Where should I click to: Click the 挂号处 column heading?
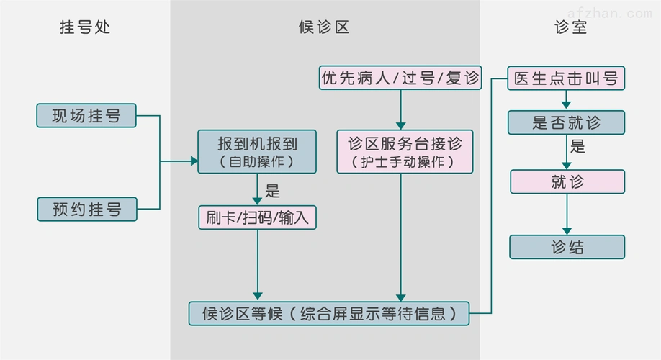[x=85, y=27]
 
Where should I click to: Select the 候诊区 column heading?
[x=324, y=27]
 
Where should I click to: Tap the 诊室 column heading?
[x=570, y=27]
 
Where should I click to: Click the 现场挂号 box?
[x=86, y=115]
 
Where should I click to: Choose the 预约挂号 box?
[x=86, y=210]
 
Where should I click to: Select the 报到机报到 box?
[x=257, y=151]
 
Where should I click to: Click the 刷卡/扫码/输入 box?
[x=257, y=217]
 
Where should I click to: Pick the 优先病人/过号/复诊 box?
[x=400, y=78]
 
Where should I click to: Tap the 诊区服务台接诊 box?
[x=405, y=151]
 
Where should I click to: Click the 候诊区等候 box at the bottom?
[x=329, y=313]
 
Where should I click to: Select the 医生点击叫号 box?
[x=567, y=78]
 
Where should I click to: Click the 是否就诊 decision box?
[x=567, y=122]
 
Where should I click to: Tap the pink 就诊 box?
[x=567, y=181]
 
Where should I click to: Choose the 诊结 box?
[x=567, y=247]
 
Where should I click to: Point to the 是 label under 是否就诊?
[x=577, y=147]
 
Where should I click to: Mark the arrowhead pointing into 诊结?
[x=567, y=230]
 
